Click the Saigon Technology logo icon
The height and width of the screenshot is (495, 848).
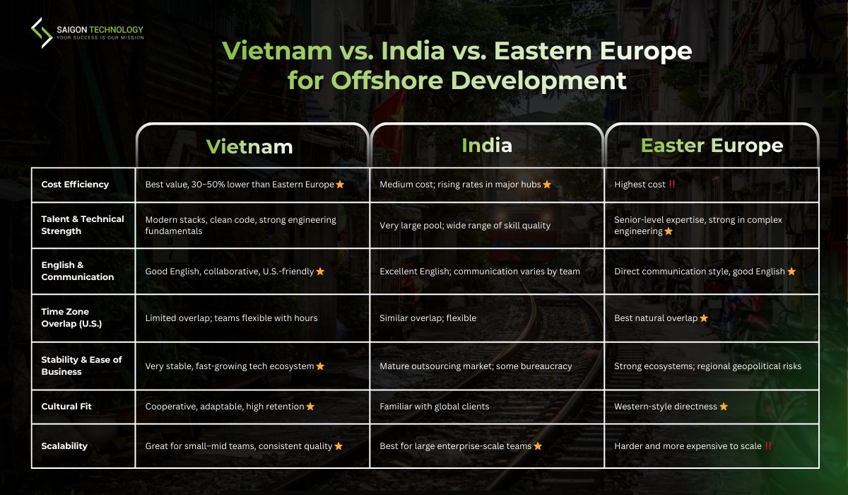[x=42, y=33]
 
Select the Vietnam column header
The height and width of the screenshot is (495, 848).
[x=249, y=146]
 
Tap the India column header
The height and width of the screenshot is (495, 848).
[x=486, y=146]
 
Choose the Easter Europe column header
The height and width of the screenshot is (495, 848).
[x=712, y=146]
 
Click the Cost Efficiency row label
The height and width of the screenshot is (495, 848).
[x=75, y=185]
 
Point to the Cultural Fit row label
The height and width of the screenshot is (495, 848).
[x=66, y=407]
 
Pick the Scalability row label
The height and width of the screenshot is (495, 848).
[x=64, y=446]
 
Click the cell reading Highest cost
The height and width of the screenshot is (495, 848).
[x=640, y=185]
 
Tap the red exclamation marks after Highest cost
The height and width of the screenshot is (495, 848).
[x=672, y=185]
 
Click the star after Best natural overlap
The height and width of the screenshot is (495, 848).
[x=704, y=318]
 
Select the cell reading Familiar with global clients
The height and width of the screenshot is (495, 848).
[x=435, y=407]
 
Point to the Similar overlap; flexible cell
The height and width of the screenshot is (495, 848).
[x=428, y=318]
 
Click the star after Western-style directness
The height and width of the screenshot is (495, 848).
[x=723, y=407]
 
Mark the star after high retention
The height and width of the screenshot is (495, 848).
[x=310, y=407]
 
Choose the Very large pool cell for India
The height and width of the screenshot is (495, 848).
[x=464, y=225]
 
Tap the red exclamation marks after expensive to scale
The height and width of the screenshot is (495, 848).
[x=768, y=446]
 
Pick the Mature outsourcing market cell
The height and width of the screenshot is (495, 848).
[x=476, y=366]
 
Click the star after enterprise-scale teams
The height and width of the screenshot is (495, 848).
[x=538, y=446]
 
